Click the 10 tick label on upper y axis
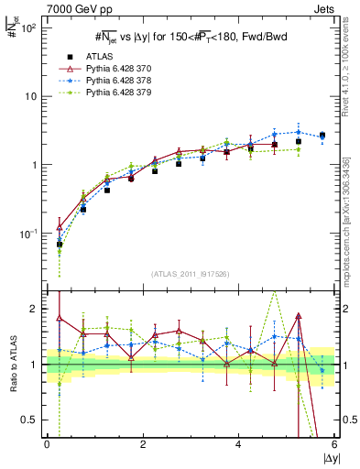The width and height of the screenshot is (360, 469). point(29,96)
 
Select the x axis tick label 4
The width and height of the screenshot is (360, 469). point(238,444)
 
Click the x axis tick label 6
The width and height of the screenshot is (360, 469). point(334,444)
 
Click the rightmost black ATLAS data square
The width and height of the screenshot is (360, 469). point(322,136)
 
